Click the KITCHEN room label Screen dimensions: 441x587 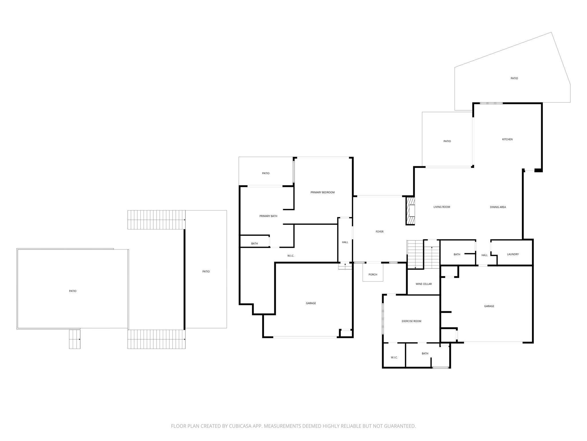(507, 140)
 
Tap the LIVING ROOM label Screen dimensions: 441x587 (442, 207)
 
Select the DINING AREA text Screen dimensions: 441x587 (498, 207)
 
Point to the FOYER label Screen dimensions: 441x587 (379, 232)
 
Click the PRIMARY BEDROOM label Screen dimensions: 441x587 (322, 192)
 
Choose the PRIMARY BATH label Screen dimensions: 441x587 (268, 216)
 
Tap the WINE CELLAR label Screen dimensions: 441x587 (424, 284)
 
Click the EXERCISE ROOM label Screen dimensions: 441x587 (411, 321)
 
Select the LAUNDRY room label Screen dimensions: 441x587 (513, 254)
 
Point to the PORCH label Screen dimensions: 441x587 (373, 275)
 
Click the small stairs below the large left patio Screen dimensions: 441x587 (75, 339)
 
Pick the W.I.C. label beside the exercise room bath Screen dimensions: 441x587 (394, 357)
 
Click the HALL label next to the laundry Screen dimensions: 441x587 (484, 255)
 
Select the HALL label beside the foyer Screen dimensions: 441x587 (345, 242)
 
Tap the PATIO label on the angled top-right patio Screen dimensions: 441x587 (514, 78)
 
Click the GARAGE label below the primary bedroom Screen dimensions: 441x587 (311, 303)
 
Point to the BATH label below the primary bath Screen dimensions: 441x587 (255, 244)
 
